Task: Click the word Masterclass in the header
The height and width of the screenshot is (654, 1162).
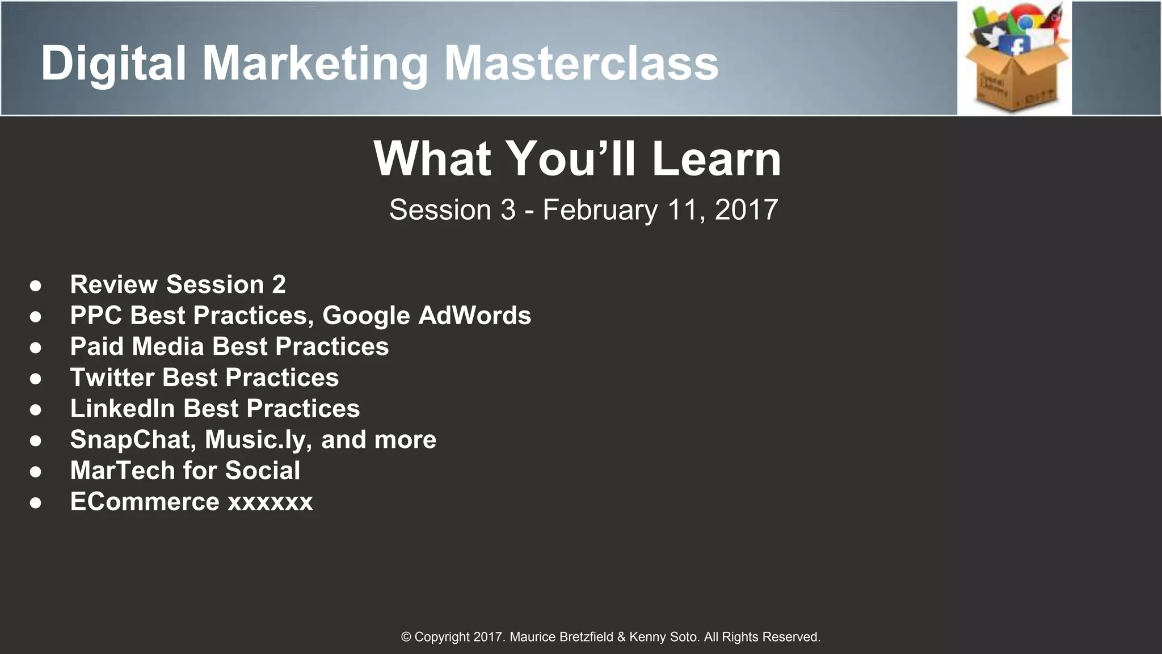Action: click(x=581, y=64)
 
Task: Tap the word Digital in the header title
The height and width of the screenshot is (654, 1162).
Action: click(x=113, y=64)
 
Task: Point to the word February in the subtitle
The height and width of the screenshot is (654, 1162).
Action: click(x=600, y=210)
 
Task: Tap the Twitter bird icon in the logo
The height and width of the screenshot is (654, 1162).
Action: click(x=992, y=37)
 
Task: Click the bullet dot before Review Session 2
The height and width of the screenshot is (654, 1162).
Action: click(x=36, y=286)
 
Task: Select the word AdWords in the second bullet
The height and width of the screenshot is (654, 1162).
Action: click(x=474, y=316)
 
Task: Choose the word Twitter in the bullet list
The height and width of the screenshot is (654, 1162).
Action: click(x=112, y=378)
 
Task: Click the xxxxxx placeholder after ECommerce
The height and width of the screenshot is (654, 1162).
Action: click(x=270, y=502)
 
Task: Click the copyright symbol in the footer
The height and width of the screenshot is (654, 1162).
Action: click(x=406, y=637)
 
